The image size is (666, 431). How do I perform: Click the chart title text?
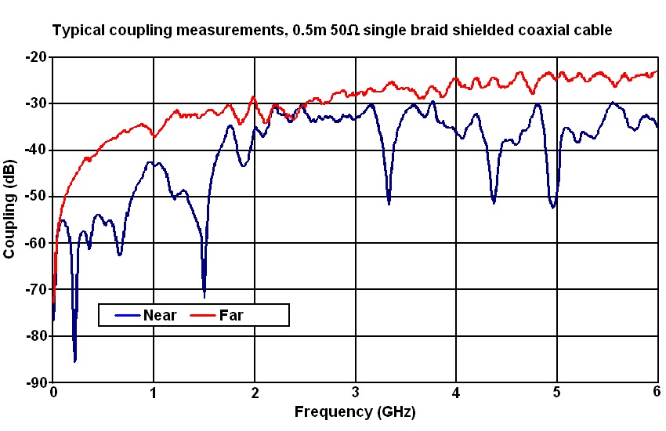(x=331, y=31)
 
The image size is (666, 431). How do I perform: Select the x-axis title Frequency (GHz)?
(x=355, y=411)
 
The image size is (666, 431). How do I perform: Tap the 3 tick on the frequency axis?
(x=356, y=392)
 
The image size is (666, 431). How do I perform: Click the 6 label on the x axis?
(x=657, y=392)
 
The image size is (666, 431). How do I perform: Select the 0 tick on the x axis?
(x=53, y=392)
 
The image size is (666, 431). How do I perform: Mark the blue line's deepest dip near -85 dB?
(x=75, y=360)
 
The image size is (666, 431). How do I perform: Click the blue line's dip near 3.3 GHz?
(x=389, y=203)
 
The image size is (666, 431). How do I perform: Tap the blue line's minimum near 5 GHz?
(x=553, y=207)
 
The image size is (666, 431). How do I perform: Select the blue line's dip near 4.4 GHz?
(x=494, y=202)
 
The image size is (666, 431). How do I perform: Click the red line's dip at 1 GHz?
(x=154, y=136)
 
